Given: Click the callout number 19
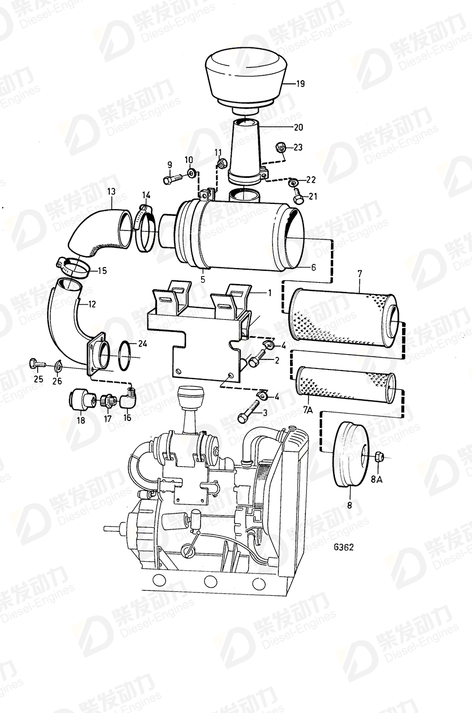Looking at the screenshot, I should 300,83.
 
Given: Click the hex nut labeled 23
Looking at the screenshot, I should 281,147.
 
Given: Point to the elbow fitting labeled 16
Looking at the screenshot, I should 128,398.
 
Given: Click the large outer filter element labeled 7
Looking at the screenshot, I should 342,316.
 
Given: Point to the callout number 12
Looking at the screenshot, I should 92,304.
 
